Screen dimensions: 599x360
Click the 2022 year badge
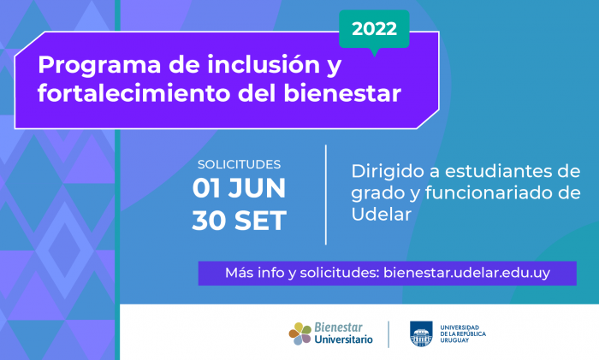(375, 29)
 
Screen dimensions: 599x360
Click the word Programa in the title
(99, 66)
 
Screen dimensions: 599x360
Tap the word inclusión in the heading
(264, 64)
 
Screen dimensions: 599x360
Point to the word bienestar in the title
(342, 93)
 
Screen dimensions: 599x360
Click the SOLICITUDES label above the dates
(239, 164)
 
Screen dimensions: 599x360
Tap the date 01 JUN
(239, 188)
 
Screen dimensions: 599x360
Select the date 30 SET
(239, 221)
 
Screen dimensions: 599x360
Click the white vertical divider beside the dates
(326, 195)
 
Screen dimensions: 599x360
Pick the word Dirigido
(388, 172)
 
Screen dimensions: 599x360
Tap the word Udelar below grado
(382, 214)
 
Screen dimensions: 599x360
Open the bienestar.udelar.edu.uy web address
(467, 273)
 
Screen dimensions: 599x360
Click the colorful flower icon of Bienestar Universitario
(300, 333)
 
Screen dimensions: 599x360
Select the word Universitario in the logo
(343, 339)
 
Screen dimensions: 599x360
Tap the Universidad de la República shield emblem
(421, 333)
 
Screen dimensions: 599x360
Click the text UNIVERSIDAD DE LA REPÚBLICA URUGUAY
(463, 333)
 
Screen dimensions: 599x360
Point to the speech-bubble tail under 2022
(375, 52)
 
